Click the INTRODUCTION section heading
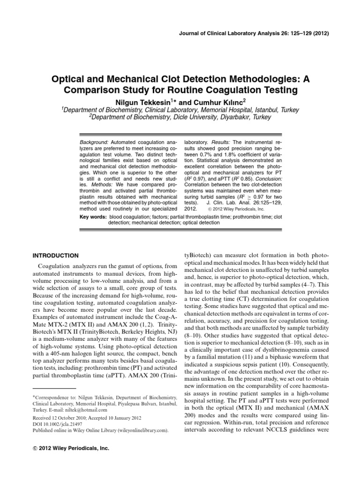[x=55, y=255]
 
